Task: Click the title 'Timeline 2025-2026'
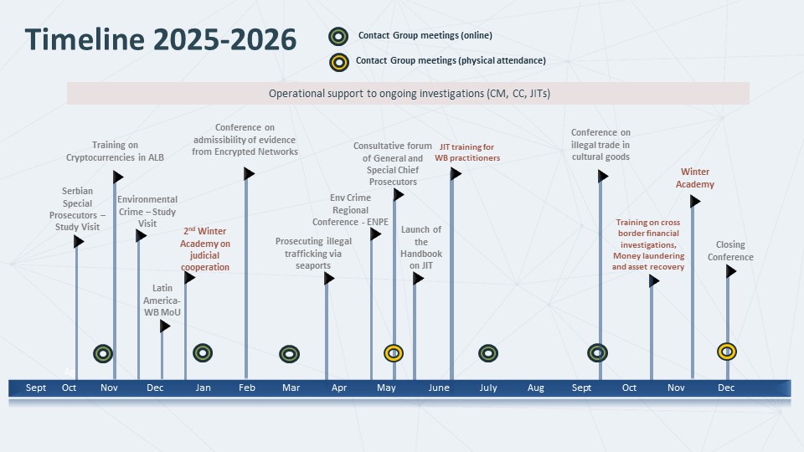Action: (x=160, y=39)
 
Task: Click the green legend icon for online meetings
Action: (x=338, y=36)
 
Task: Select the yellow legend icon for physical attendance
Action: (x=338, y=61)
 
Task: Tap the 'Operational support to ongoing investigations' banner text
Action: (x=409, y=94)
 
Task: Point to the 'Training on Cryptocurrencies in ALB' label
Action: (x=116, y=151)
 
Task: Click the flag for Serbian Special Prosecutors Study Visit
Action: (x=79, y=242)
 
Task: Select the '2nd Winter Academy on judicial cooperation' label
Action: (x=205, y=249)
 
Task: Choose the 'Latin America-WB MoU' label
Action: (x=162, y=300)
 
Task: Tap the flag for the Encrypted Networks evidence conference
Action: (x=249, y=174)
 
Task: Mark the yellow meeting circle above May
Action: (x=394, y=353)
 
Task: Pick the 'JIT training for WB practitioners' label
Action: (x=467, y=152)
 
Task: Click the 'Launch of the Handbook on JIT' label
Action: (x=420, y=248)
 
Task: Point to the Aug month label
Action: (x=536, y=388)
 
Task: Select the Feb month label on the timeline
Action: (x=246, y=388)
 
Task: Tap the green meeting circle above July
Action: (x=488, y=353)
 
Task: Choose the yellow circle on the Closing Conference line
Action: (x=727, y=352)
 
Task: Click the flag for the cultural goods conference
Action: (x=603, y=176)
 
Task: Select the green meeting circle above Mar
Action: (x=289, y=354)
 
